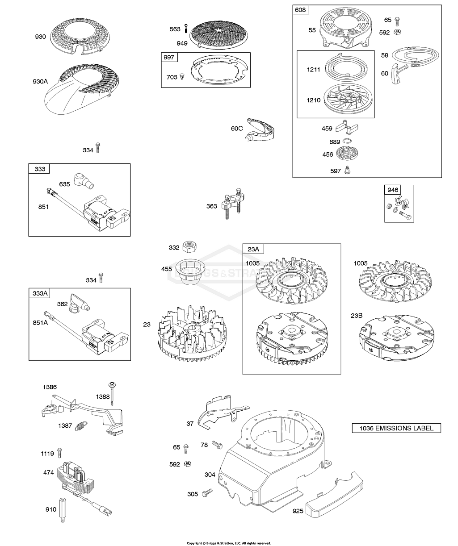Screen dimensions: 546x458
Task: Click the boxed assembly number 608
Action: pyautogui.click(x=301, y=9)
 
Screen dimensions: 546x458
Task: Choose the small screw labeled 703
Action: pyautogui.click(x=182, y=77)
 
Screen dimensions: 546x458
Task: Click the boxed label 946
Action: pyautogui.click(x=393, y=190)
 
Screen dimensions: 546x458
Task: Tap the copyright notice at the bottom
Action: pyautogui.click(x=228, y=543)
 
